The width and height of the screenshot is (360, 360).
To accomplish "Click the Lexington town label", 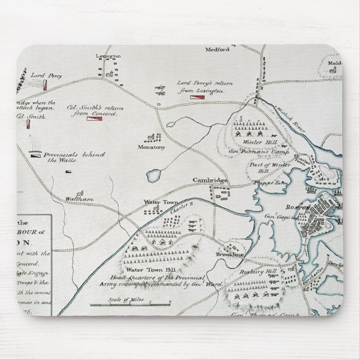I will pyautogui.click(x=108, y=56).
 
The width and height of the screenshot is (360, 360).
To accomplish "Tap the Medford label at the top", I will pyautogui.click(x=218, y=50).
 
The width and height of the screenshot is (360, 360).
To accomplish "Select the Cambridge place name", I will pyautogui.click(x=210, y=180).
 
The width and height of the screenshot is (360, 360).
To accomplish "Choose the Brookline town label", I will pyautogui.click(x=230, y=254).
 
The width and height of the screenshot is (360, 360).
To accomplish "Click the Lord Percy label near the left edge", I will pyautogui.click(x=46, y=74).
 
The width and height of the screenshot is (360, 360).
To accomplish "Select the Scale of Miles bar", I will pyautogui.click(x=129, y=305).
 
